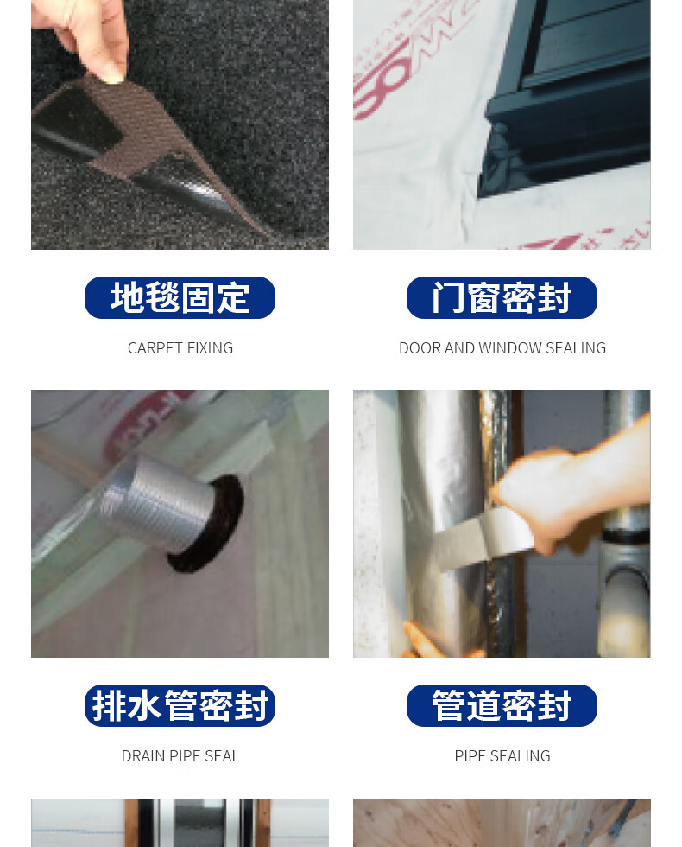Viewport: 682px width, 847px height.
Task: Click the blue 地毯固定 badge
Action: click(x=180, y=297)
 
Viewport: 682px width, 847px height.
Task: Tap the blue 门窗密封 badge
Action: click(x=502, y=297)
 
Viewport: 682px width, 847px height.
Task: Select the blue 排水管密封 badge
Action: click(x=180, y=705)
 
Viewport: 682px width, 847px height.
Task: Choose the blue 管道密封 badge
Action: click(x=502, y=705)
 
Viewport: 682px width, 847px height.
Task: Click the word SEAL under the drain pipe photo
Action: click(x=222, y=755)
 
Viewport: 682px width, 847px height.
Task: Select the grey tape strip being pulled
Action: click(x=480, y=540)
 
